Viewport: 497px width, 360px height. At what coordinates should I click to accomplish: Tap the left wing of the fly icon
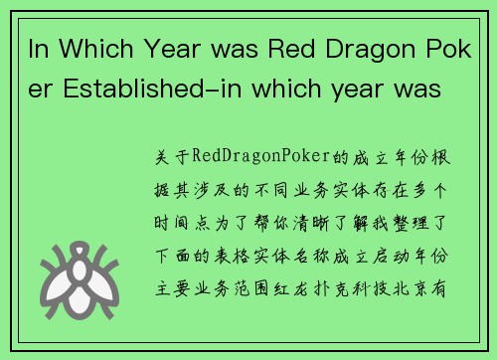(x=57, y=270)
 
